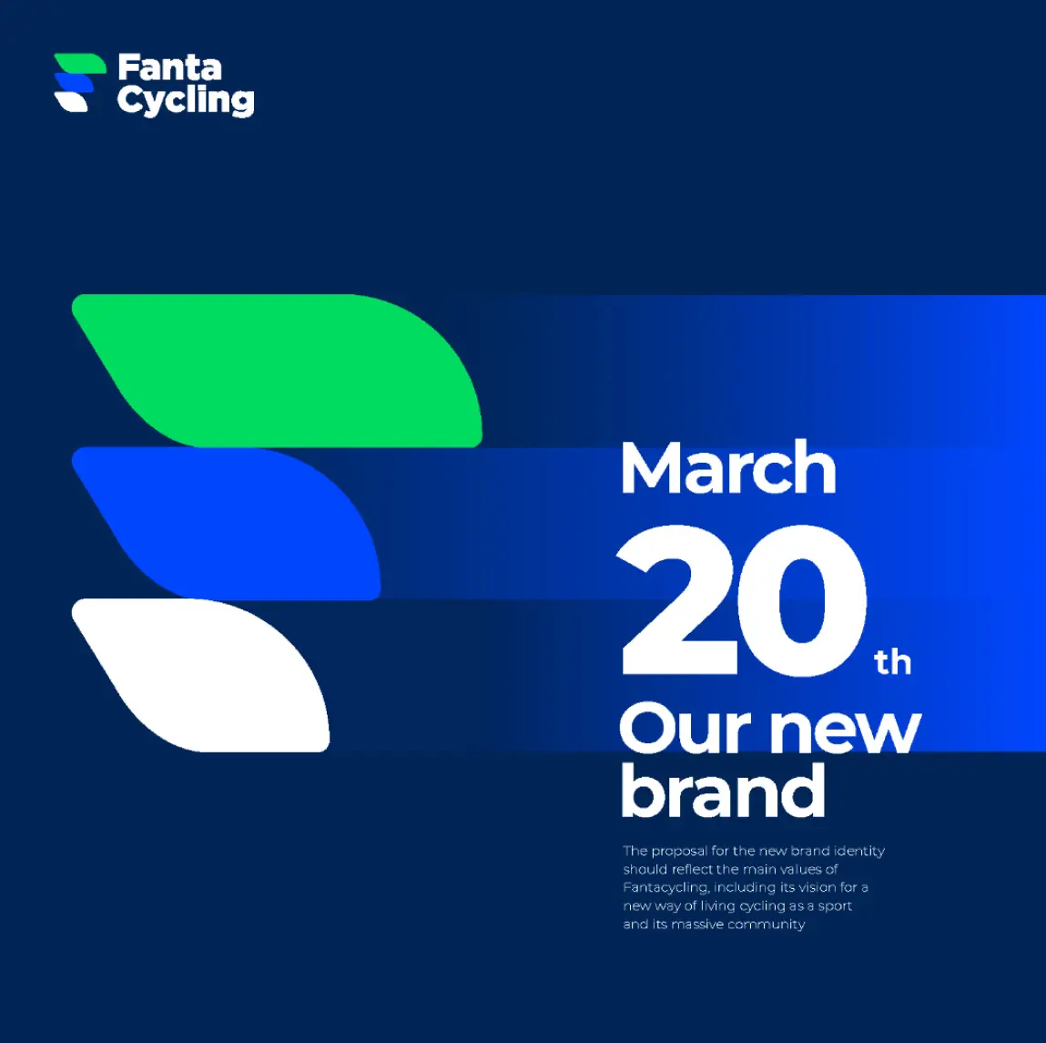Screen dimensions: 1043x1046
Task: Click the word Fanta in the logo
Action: [x=169, y=67]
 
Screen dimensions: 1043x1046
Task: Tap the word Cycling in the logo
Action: [x=186, y=100]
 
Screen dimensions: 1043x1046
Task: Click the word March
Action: [x=727, y=468]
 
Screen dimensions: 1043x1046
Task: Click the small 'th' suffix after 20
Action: [x=892, y=662]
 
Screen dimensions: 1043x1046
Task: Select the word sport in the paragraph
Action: [x=835, y=906]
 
